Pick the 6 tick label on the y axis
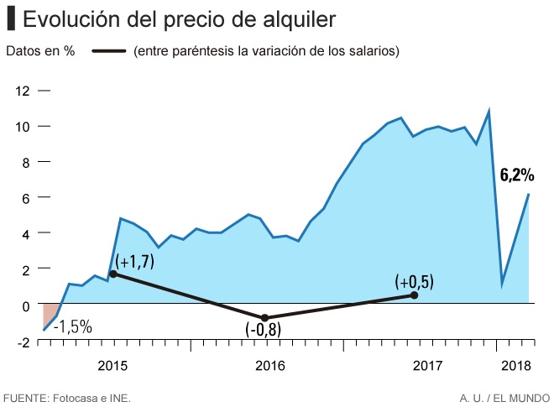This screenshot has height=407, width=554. (25, 198)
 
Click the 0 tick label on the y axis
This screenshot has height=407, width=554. (25, 305)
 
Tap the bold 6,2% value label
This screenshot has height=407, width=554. (517, 175)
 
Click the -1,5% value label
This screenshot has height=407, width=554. (73, 326)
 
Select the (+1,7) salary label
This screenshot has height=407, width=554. (135, 262)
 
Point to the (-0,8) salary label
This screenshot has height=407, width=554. (264, 330)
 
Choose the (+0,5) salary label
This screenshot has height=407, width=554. (415, 282)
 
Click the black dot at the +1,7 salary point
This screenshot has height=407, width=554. (113, 274)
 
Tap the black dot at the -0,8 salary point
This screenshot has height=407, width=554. (265, 318)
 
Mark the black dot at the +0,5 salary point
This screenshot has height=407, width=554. (415, 295)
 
